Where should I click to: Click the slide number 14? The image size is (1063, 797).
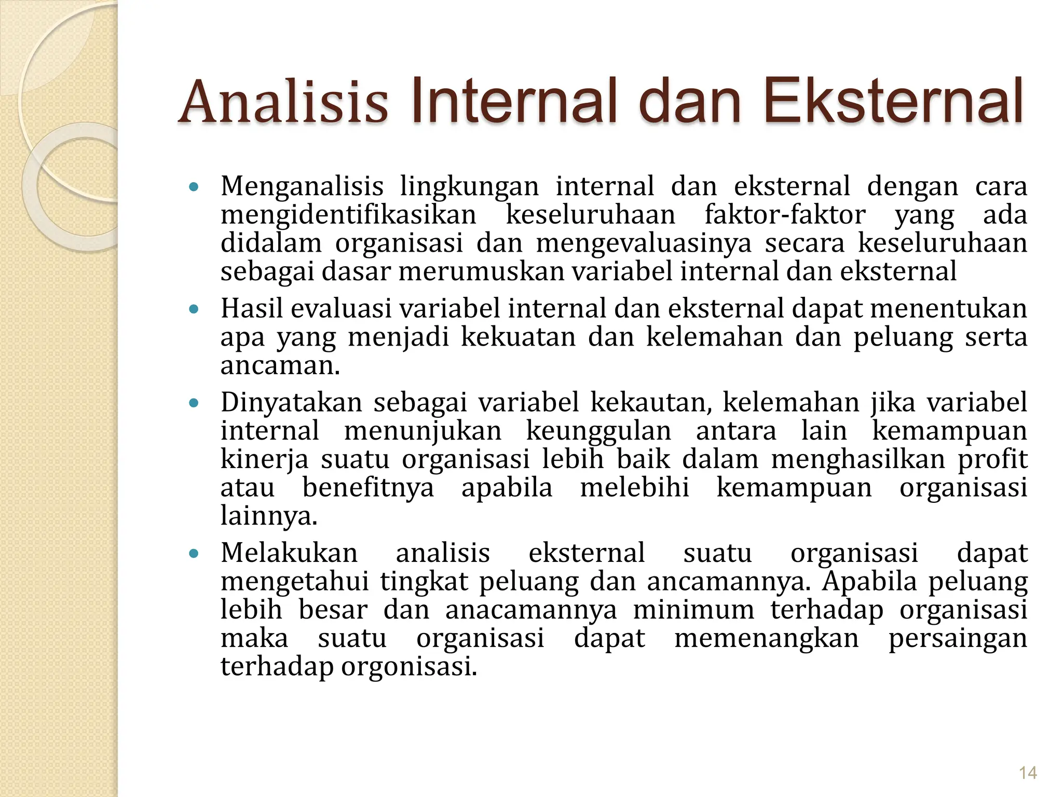coord(1028,773)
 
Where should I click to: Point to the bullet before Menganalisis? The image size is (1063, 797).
coord(194,187)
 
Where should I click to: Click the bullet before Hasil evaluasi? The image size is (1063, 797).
coord(194,310)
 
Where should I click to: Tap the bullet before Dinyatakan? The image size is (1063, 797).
coord(194,403)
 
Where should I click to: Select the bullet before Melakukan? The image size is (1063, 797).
coord(194,554)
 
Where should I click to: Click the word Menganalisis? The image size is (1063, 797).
coord(302,187)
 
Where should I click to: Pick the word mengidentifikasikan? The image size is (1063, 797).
coord(348,215)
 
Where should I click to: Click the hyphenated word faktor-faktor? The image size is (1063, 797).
coord(785,215)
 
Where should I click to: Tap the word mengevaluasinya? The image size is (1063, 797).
coord(644,244)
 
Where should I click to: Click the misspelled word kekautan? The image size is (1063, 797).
coord(651,403)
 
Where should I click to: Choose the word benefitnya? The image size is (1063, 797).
coord(368,488)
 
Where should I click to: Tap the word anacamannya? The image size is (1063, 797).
coord(531,610)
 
